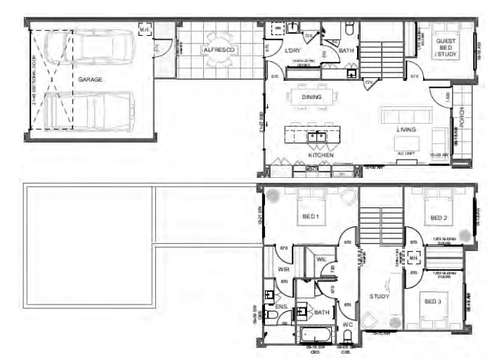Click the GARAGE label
pyautogui.click(x=90, y=80)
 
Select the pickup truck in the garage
pyautogui.click(x=90, y=111)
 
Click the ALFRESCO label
pyautogui.click(x=218, y=51)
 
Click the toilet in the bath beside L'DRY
pyautogui.click(x=349, y=30)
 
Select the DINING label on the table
pyautogui.click(x=311, y=98)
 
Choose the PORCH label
pyautogui.click(x=463, y=112)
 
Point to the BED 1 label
pyautogui.click(x=311, y=217)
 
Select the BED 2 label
pyautogui.click(x=439, y=218)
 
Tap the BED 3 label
pyautogui.click(x=432, y=302)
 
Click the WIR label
pyautogui.click(x=283, y=269)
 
